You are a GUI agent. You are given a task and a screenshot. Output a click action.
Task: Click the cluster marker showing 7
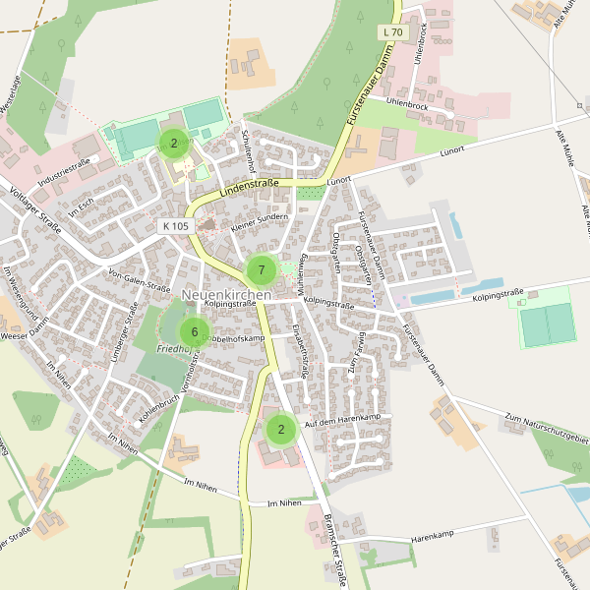262,269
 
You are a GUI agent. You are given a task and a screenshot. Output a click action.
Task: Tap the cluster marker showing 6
195,331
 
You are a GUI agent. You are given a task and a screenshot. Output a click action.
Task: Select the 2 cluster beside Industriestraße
174,144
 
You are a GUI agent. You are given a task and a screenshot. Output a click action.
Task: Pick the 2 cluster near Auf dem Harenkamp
281,429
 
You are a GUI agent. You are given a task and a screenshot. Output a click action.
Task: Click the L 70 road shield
391,32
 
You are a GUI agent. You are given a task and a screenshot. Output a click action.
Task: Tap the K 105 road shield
175,226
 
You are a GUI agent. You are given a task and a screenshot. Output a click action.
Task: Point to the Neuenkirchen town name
226,295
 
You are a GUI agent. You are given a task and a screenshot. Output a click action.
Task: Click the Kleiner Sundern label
259,223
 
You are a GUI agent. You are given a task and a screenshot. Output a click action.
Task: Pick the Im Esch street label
81,207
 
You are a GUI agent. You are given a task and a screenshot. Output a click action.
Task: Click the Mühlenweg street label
304,265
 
